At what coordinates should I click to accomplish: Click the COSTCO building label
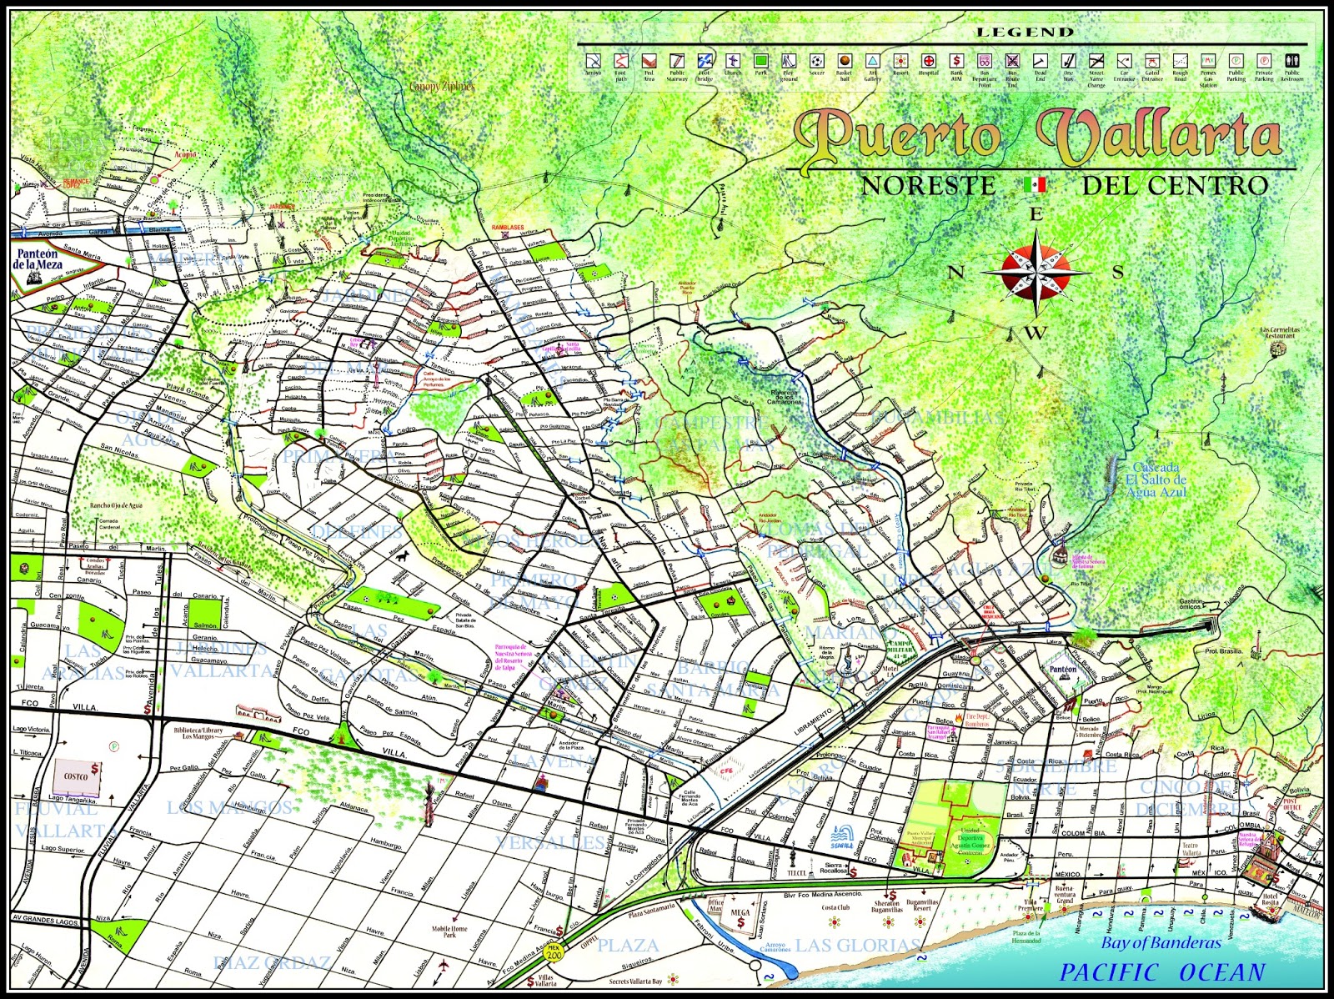76,776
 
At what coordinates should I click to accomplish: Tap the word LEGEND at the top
1026,33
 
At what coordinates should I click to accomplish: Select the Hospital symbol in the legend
929,62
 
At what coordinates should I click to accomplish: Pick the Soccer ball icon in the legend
816,62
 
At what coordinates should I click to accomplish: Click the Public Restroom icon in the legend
1291,61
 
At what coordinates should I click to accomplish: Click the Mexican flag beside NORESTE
1035,184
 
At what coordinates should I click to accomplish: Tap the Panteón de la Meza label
37,259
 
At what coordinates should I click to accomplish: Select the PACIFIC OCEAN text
1162,972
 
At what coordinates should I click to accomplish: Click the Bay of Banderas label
1160,943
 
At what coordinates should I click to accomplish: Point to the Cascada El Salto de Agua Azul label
1156,479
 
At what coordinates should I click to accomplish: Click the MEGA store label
740,913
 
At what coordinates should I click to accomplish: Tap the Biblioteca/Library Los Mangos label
198,732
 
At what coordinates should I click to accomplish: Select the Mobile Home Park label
449,931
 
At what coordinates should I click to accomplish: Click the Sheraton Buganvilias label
886,906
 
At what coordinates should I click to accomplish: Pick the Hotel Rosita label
1270,899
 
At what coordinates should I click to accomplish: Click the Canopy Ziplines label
441,86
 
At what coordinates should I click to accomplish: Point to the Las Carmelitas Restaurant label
1280,333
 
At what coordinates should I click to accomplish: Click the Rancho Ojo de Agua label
117,505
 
